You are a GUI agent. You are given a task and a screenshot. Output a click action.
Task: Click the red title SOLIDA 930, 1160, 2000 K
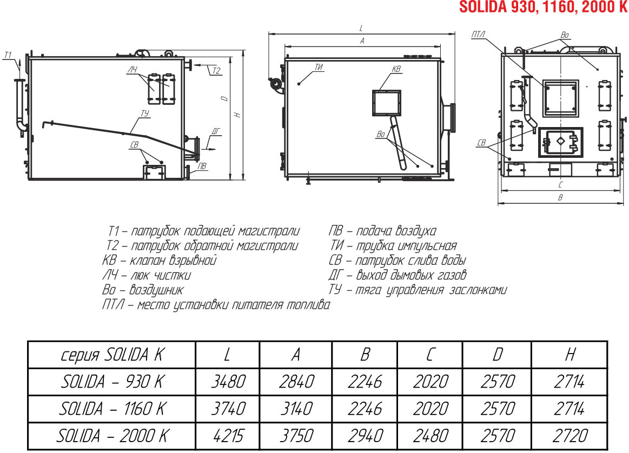[544, 7]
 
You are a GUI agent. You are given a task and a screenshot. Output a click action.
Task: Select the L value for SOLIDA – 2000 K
[228, 436]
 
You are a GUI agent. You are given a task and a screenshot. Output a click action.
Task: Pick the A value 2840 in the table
[296, 381]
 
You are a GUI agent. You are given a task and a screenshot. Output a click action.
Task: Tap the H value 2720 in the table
[570, 436]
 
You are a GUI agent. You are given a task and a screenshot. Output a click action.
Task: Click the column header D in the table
[498, 355]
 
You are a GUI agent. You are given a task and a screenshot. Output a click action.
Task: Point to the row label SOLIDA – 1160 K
[112, 409]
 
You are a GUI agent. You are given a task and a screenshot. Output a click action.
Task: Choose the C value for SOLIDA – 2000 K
[431, 436]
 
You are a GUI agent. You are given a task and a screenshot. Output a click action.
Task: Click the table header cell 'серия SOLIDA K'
[112, 355]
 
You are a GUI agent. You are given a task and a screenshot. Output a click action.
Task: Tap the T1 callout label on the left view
[8, 55]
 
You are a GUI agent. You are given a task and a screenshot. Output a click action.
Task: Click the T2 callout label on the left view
[216, 71]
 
